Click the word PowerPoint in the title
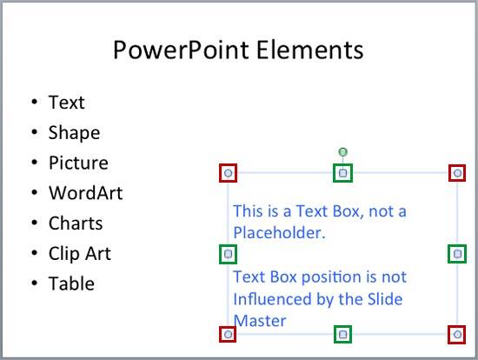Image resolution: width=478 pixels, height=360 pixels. pyautogui.click(x=181, y=50)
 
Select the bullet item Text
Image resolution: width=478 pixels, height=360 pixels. pyautogui.click(x=66, y=103)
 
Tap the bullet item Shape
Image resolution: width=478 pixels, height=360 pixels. pyautogui.click(x=74, y=133)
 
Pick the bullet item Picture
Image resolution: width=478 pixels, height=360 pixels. pyautogui.click(x=78, y=163)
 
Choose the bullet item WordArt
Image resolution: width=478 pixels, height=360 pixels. pyautogui.click(x=85, y=193)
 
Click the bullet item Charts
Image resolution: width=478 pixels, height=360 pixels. pyautogui.click(x=76, y=223)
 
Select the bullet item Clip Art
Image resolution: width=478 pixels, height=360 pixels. pyautogui.click(x=79, y=254)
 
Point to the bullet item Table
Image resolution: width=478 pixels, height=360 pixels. pyautogui.click(x=71, y=283)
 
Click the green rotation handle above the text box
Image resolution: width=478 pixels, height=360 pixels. pyautogui.click(x=343, y=153)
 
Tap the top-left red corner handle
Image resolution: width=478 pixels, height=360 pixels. pyautogui.click(x=228, y=173)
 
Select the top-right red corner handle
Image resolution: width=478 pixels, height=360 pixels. pyautogui.click(x=457, y=173)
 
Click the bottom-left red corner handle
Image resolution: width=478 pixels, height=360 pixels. pyautogui.click(x=228, y=334)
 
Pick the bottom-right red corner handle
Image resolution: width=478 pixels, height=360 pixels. pyautogui.click(x=457, y=334)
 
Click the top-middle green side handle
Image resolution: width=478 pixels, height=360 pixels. pyautogui.click(x=343, y=173)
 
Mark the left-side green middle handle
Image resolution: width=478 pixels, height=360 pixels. pyautogui.click(x=228, y=254)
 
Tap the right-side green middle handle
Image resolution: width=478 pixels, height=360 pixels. pyautogui.click(x=457, y=254)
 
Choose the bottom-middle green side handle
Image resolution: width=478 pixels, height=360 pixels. pyautogui.click(x=343, y=334)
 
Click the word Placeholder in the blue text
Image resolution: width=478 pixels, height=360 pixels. pyautogui.click(x=278, y=233)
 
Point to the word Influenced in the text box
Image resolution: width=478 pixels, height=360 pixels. pyautogui.click(x=273, y=299)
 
